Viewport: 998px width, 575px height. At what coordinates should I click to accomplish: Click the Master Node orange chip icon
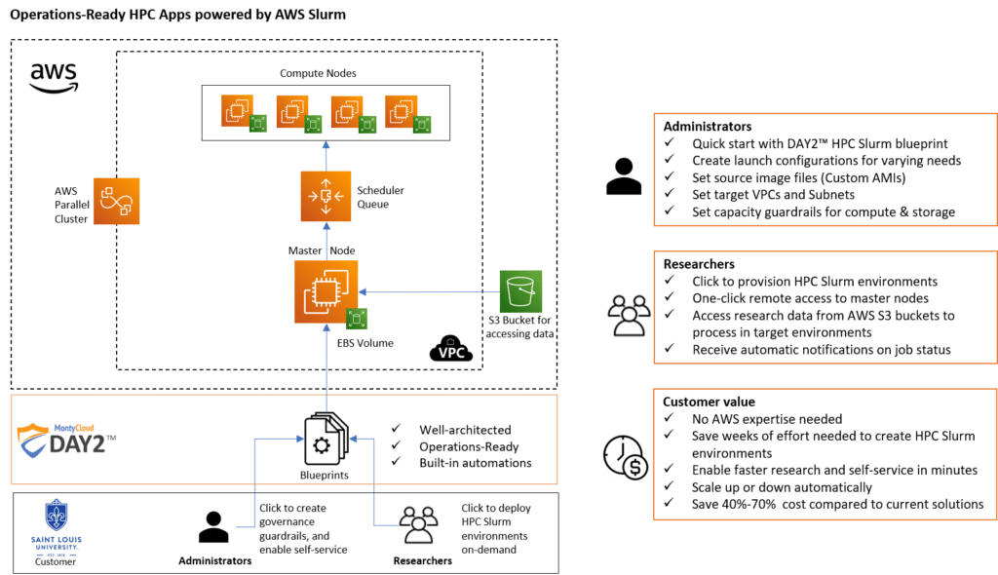[326, 290]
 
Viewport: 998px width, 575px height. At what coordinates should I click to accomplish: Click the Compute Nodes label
[318, 73]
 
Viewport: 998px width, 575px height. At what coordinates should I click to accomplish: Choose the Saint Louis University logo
[56, 525]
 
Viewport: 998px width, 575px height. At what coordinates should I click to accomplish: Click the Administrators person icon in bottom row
[212, 527]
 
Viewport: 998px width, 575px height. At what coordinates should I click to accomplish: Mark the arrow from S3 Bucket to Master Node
[429, 290]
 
